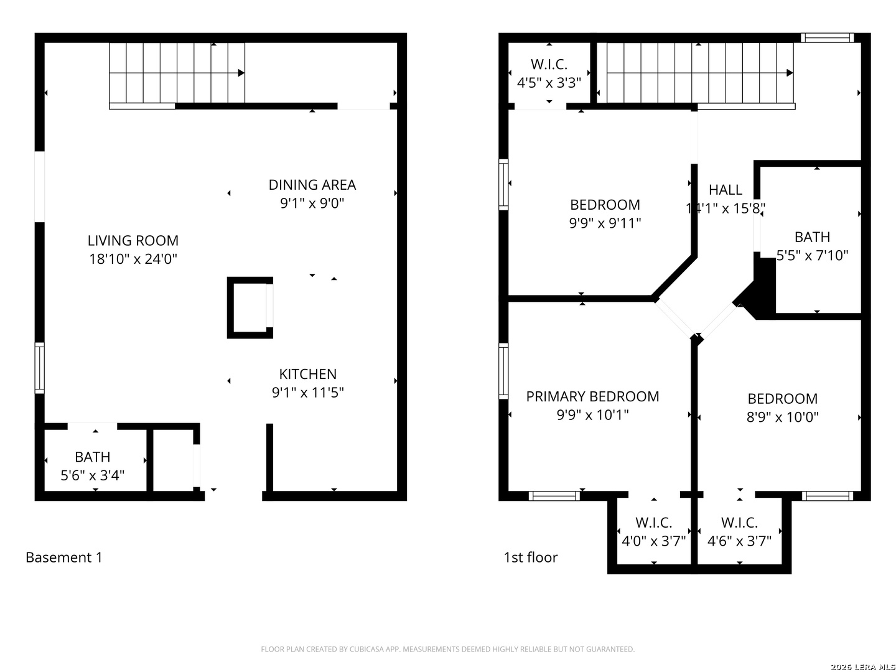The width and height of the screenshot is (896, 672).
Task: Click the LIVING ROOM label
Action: click(133, 241)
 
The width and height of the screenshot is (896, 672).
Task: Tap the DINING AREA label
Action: click(312, 185)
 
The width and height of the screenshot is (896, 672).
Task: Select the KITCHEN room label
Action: click(307, 374)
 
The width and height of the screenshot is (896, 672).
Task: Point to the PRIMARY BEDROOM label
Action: click(592, 396)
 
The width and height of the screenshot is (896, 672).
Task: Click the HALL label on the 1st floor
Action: click(725, 190)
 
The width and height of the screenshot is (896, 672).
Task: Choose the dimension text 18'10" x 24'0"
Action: click(133, 259)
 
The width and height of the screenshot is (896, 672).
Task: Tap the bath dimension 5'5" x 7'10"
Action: click(812, 256)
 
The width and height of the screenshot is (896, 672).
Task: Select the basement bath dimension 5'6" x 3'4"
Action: click(92, 475)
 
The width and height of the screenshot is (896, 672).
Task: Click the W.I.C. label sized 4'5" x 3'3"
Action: click(549, 64)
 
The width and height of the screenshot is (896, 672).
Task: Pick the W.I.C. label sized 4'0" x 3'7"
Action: click(653, 523)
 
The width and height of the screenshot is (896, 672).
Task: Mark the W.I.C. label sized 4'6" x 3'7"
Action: click(739, 523)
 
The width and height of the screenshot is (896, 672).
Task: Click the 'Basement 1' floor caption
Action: click(63, 558)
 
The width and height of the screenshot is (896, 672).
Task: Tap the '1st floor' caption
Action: click(530, 558)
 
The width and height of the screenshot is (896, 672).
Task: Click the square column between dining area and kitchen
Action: click(250, 308)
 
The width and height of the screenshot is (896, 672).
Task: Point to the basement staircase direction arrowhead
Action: click(241, 73)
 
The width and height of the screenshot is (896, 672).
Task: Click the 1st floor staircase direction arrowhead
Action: click(790, 73)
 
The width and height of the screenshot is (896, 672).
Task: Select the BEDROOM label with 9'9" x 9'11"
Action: click(605, 205)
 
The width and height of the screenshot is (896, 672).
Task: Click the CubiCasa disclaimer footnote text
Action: click(447, 650)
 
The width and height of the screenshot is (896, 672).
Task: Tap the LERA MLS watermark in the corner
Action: click(862, 667)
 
